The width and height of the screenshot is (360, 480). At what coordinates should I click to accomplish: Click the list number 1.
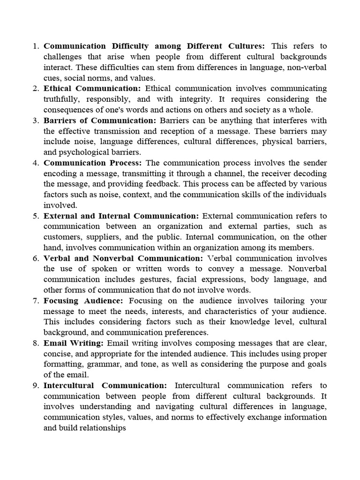click(x=35, y=46)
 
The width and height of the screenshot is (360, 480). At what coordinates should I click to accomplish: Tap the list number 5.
click(x=35, y=216)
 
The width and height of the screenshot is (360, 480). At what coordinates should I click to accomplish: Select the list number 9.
click(x=35, y=386)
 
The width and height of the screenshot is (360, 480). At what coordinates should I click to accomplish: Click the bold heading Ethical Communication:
click(x=92, y=89)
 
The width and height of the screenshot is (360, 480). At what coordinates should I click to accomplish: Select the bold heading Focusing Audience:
click(x=83, y=301)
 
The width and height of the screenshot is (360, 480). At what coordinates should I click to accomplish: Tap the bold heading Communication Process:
click(x=93, y=163)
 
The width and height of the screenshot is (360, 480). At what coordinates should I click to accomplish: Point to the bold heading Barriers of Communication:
click(x=100, y=120)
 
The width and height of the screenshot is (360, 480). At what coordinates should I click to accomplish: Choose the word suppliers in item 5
click(x=101, y=237)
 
